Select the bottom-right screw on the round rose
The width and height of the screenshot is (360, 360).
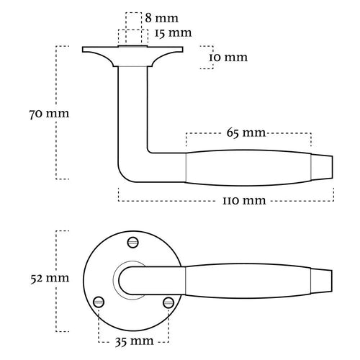[168, 302]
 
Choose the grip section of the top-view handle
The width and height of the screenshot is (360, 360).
[248, 277]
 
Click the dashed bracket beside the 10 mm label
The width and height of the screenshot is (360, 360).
[209, 58]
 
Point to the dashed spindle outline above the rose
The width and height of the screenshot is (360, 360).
[133, 29]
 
